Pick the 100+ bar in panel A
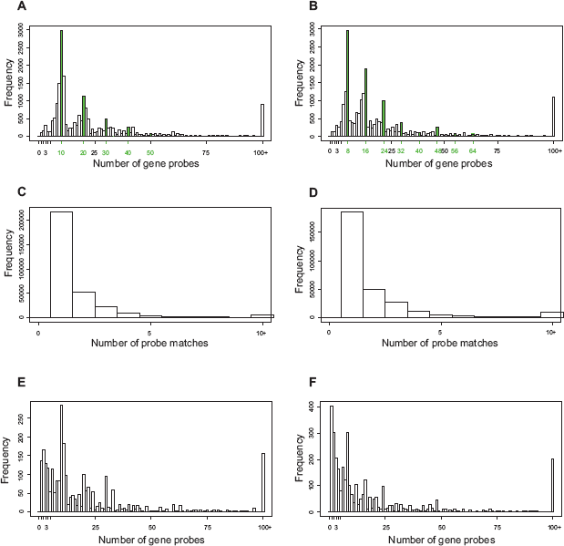tap(262, 119)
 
